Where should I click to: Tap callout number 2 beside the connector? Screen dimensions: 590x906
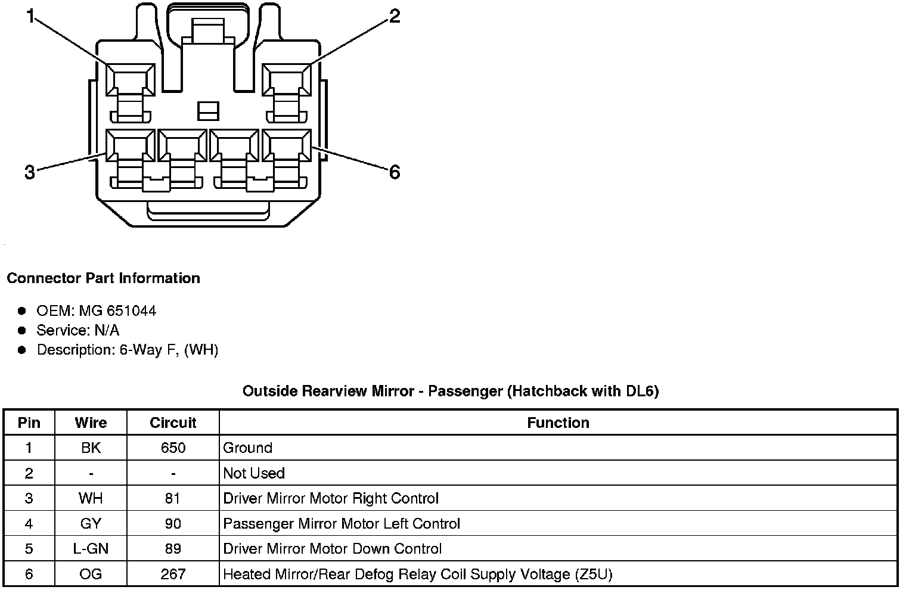(x=395, y=16)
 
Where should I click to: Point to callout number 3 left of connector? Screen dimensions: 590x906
(x=30, y=173)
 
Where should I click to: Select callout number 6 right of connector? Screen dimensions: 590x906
(x=395, y=173)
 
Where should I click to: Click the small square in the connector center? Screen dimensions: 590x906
(x=208, y=110)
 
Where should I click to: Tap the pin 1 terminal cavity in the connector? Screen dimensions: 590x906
(x=131, y=79)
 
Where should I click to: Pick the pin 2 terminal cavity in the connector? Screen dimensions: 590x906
(x=287, y=79)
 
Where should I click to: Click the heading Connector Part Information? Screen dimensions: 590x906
(x=103, y=278)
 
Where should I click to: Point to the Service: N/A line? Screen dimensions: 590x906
(x=77, y=330)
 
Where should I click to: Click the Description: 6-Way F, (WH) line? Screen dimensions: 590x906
(x=127, y=350)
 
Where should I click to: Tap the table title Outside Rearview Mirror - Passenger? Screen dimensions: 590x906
(x=451, y=392)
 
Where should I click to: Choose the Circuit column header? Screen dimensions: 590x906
(x=173, y=423)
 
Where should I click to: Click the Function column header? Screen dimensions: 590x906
(x=558, y=423)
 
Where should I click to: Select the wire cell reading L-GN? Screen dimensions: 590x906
(x=91, y=549)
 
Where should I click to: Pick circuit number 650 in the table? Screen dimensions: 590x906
(x=173, y=448)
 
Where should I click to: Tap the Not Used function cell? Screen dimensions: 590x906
(x=254, y=473)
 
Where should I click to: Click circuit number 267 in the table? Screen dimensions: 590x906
(x=173, y=575)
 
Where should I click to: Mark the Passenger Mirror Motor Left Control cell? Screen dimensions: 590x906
(x=342, y=524)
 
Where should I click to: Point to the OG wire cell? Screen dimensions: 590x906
(x=91, y=575)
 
